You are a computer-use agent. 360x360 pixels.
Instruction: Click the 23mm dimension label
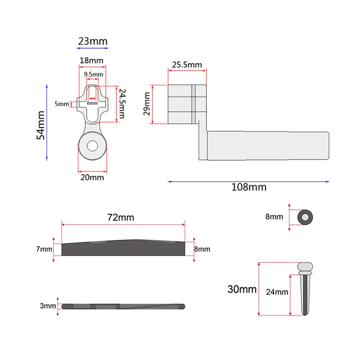[x=93, y=41]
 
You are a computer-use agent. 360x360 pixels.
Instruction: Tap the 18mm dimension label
[x=91, y=61]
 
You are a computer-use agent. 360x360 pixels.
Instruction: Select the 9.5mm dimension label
[x=93, y=74]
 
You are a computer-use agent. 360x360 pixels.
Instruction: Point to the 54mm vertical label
[x=41, y=125]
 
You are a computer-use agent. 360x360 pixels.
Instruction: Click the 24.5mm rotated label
[x=122, y=103]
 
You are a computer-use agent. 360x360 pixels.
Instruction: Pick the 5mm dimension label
[x=62, y=104]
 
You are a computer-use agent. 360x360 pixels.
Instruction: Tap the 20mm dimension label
[x=92, y=177]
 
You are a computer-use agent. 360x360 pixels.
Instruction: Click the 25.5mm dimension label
[x=187, y=65]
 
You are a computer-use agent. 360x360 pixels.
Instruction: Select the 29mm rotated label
[x=147, y=104]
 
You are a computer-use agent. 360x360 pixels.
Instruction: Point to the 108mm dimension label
[x=249, y=187]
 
